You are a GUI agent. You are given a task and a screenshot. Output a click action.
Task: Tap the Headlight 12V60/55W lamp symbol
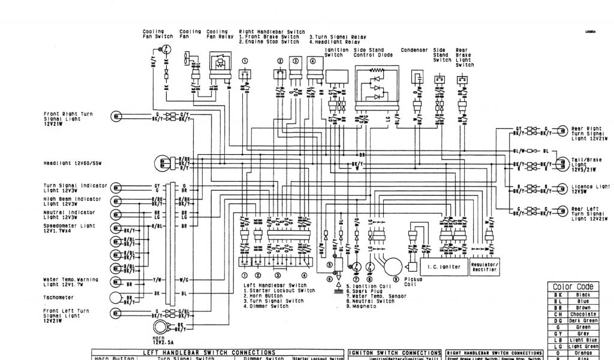pyautogui.click(x=162, y=163)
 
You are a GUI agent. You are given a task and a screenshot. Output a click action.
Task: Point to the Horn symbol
pyautogui.click(x=160, y=327)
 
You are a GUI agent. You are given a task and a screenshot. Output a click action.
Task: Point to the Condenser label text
pyautogui.click(x=414, y=50)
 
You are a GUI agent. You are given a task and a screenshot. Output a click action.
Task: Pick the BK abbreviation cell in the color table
pyautogui.click(x=557, y=295)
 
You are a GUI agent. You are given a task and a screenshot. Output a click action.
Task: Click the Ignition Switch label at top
pyautogui.click(x=333, y=53)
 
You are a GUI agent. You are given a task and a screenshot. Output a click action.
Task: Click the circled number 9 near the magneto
pyautogui.click(x=395, y=279)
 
